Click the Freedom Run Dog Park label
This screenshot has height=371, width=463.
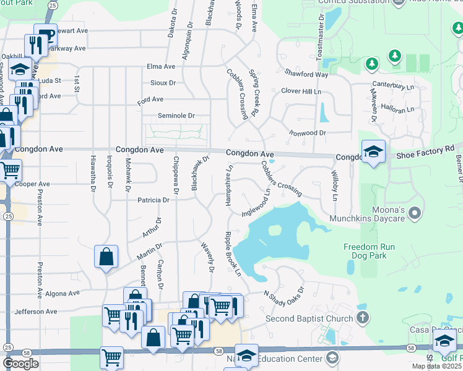369,252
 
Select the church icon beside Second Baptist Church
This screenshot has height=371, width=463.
363,318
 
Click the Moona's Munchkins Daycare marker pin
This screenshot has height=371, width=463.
415,215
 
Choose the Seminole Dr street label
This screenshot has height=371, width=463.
176,116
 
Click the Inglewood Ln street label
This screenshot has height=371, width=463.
256,202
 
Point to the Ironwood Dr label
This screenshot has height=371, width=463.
308,133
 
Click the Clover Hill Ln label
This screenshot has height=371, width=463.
301,91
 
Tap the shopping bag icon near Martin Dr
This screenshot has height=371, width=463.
106,257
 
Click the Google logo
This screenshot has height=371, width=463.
20,364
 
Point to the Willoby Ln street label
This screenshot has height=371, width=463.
335,186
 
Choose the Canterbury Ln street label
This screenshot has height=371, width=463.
393,85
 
